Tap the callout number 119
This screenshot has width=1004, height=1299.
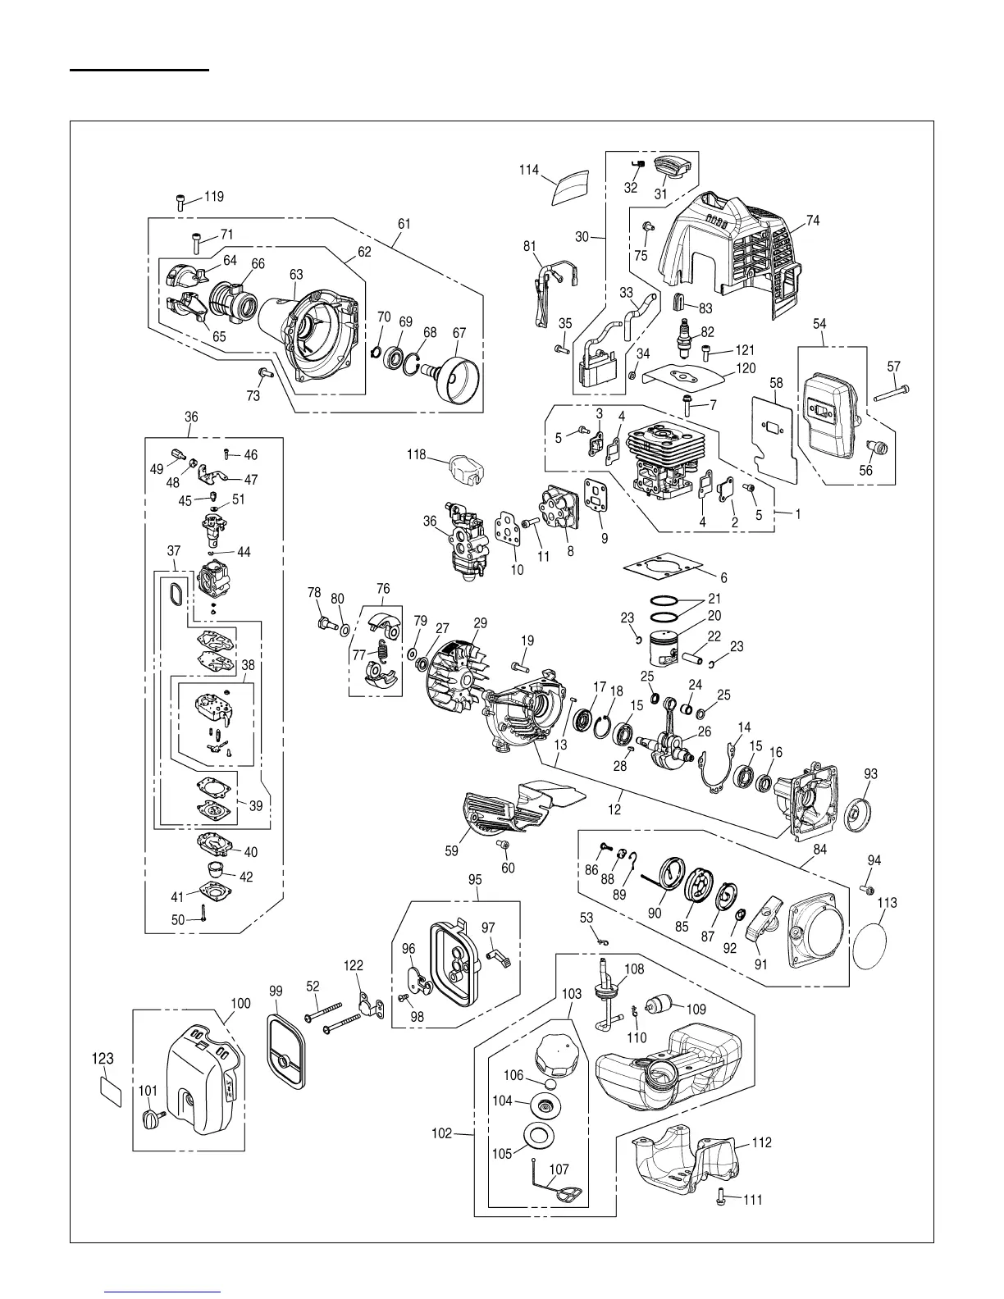pos(213,197)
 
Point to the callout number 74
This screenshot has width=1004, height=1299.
pos(812,221)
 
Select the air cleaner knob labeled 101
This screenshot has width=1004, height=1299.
pos(153,1119)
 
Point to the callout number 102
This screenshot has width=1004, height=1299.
pos(441,1133)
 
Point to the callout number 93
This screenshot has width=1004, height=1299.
pos(870,774)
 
